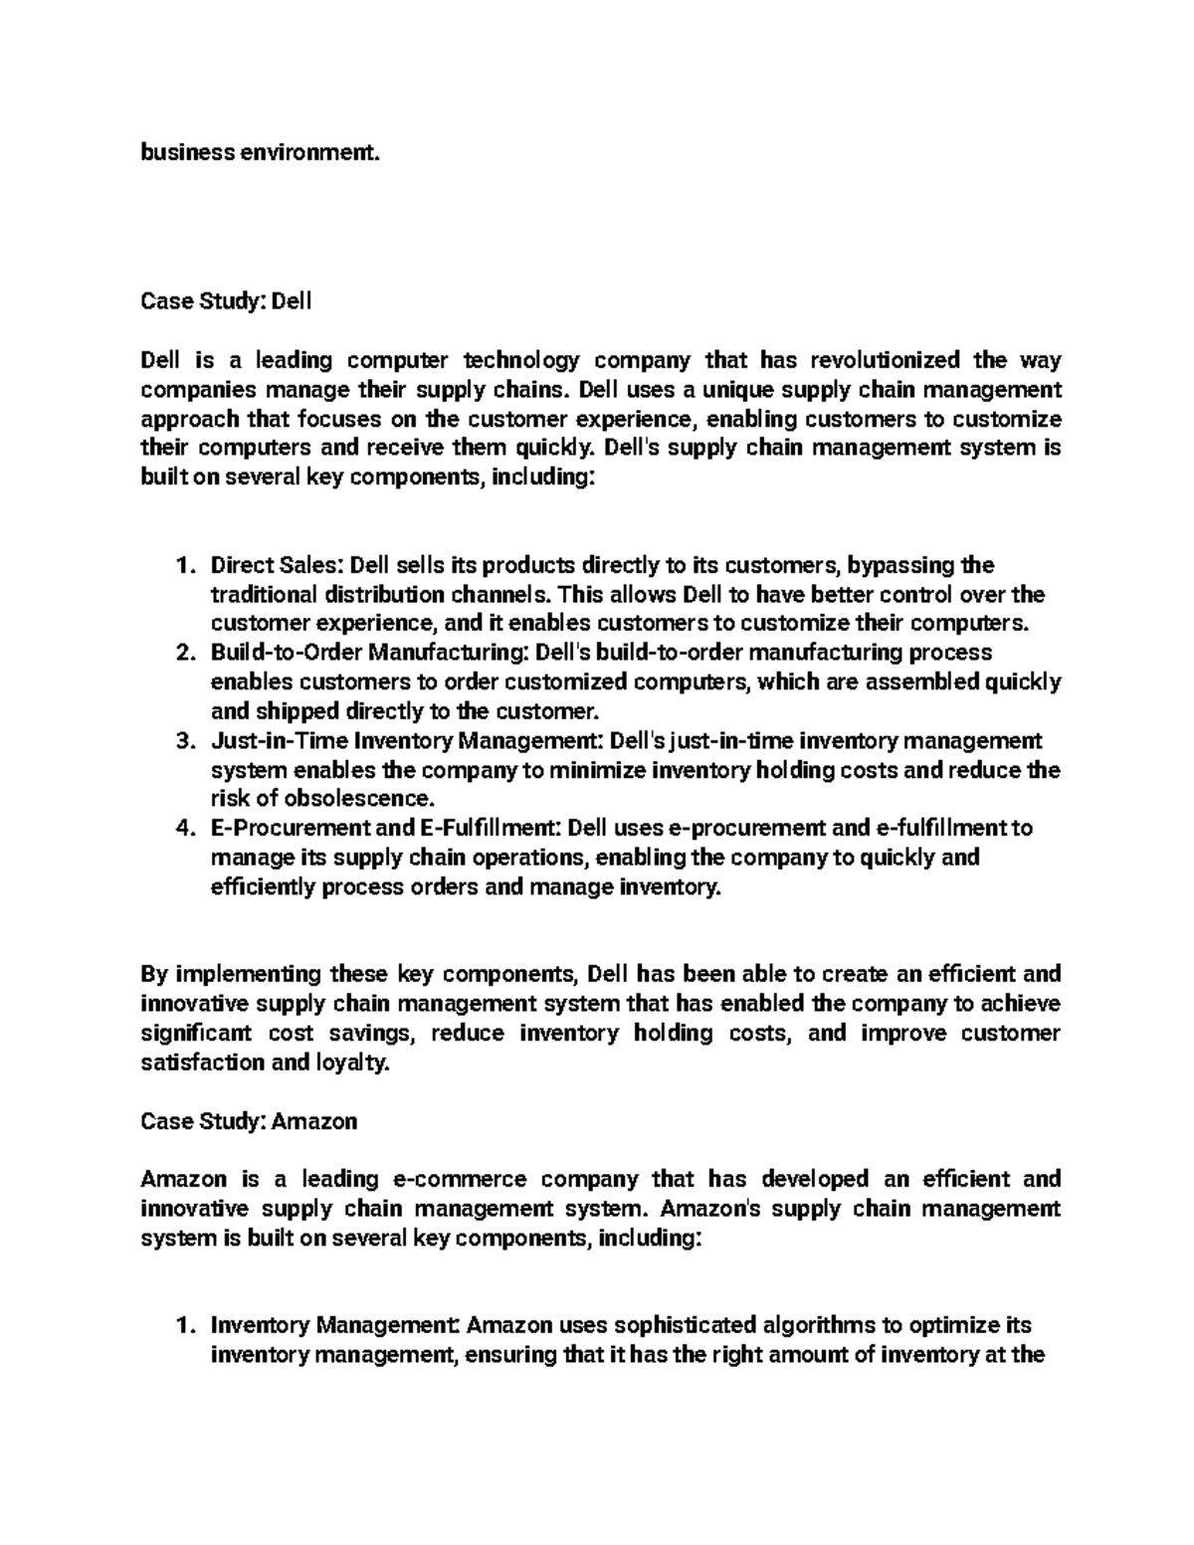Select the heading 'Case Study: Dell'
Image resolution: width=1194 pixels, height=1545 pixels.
pos(226,300)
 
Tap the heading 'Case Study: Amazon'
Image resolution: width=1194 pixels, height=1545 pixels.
pos(248,1121)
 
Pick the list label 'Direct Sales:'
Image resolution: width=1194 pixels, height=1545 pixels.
pos(277,566)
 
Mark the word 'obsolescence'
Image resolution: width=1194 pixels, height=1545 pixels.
pos(370,799)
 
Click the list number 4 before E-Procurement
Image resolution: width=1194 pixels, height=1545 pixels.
pos(182,829)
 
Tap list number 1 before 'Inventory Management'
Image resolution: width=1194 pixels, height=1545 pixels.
pos(182,1326)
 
